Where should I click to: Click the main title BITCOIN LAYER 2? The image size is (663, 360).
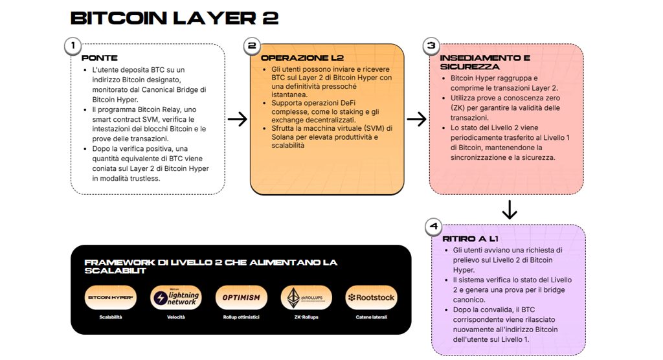(x=174, y=18)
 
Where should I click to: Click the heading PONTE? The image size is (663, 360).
(x=100, y=58)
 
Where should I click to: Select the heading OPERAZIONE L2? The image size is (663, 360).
(x=298, y=58)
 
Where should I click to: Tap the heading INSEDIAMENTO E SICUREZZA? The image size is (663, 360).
(x=485, y=62)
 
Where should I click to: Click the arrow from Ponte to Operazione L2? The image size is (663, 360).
(x=238, y=119)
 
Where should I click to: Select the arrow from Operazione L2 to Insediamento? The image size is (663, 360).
(x=416, y=119)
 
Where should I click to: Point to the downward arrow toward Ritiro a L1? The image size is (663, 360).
(x=510, y=210)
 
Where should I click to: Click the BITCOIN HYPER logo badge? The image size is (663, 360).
(x=111, y=297)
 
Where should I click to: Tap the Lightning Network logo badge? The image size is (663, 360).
(x=176, y=297)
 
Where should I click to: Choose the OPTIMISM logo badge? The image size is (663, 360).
(x=241, y=297)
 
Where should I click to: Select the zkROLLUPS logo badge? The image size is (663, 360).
(x=306, y=297)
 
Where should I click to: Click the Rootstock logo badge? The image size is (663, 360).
(x=371, y=297)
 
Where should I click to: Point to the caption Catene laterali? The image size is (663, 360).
(x=371, y=317)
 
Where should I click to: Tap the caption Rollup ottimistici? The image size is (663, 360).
(x=241, y=317)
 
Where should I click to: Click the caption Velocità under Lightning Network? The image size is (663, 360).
(x=176, y=317)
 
